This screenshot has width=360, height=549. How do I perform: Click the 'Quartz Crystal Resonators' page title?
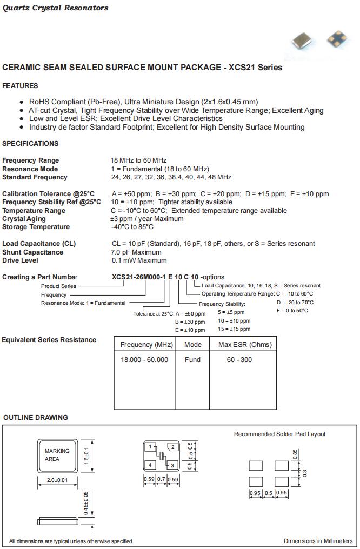click(x=56, y=8)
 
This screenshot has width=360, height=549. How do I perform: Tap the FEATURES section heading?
click(x=20, y=86)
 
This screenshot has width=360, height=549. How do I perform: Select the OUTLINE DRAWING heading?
click(x=36, y=418)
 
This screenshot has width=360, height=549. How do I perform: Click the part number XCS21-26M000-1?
click(x=138, y=277)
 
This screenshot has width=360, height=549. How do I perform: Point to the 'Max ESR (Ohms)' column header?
click(x=245, y=345)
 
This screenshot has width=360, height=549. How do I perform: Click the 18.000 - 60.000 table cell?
click(x=144, y=360)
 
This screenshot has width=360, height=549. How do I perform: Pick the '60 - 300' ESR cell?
click(x=239, y=360)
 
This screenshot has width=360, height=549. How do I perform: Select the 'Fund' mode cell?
click(x=192, y=360)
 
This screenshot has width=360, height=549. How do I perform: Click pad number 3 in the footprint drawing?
click(x=172, y=465)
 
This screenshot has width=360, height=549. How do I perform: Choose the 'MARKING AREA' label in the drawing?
click(x=57, y=455)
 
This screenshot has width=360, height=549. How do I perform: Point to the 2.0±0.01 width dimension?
click(x=57, y=480)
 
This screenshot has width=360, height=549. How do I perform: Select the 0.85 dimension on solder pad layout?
click(x=295, y=454)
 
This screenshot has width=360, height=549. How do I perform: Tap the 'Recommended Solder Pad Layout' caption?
click(x=279, y=434)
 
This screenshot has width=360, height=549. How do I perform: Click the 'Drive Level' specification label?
click(x=20, y=260)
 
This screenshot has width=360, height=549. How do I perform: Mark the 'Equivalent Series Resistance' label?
click(x=49, y=340)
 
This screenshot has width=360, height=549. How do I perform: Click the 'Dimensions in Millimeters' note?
click(x=318, y=541)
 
